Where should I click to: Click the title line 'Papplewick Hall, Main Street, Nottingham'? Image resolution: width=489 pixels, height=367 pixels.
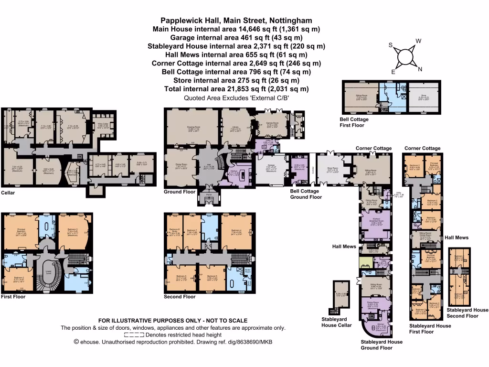(x=236, y=21)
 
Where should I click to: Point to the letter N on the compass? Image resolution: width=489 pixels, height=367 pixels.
(x=420, y=69)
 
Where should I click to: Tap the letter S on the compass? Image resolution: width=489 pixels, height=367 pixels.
(x=390, y=45)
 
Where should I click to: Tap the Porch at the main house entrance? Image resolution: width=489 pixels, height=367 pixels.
(x=209, y=194)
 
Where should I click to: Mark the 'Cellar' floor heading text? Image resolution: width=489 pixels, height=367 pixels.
(x=8, y=193)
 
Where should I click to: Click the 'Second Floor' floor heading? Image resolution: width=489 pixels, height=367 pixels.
(x=180, y=297)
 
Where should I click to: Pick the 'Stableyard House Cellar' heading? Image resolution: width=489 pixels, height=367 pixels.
(x=337, y=322)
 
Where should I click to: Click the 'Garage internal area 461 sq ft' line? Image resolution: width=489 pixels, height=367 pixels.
(x=236, y=38)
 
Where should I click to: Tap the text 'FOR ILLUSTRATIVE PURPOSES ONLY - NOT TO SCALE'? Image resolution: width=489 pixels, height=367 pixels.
(x=172, y=321)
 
